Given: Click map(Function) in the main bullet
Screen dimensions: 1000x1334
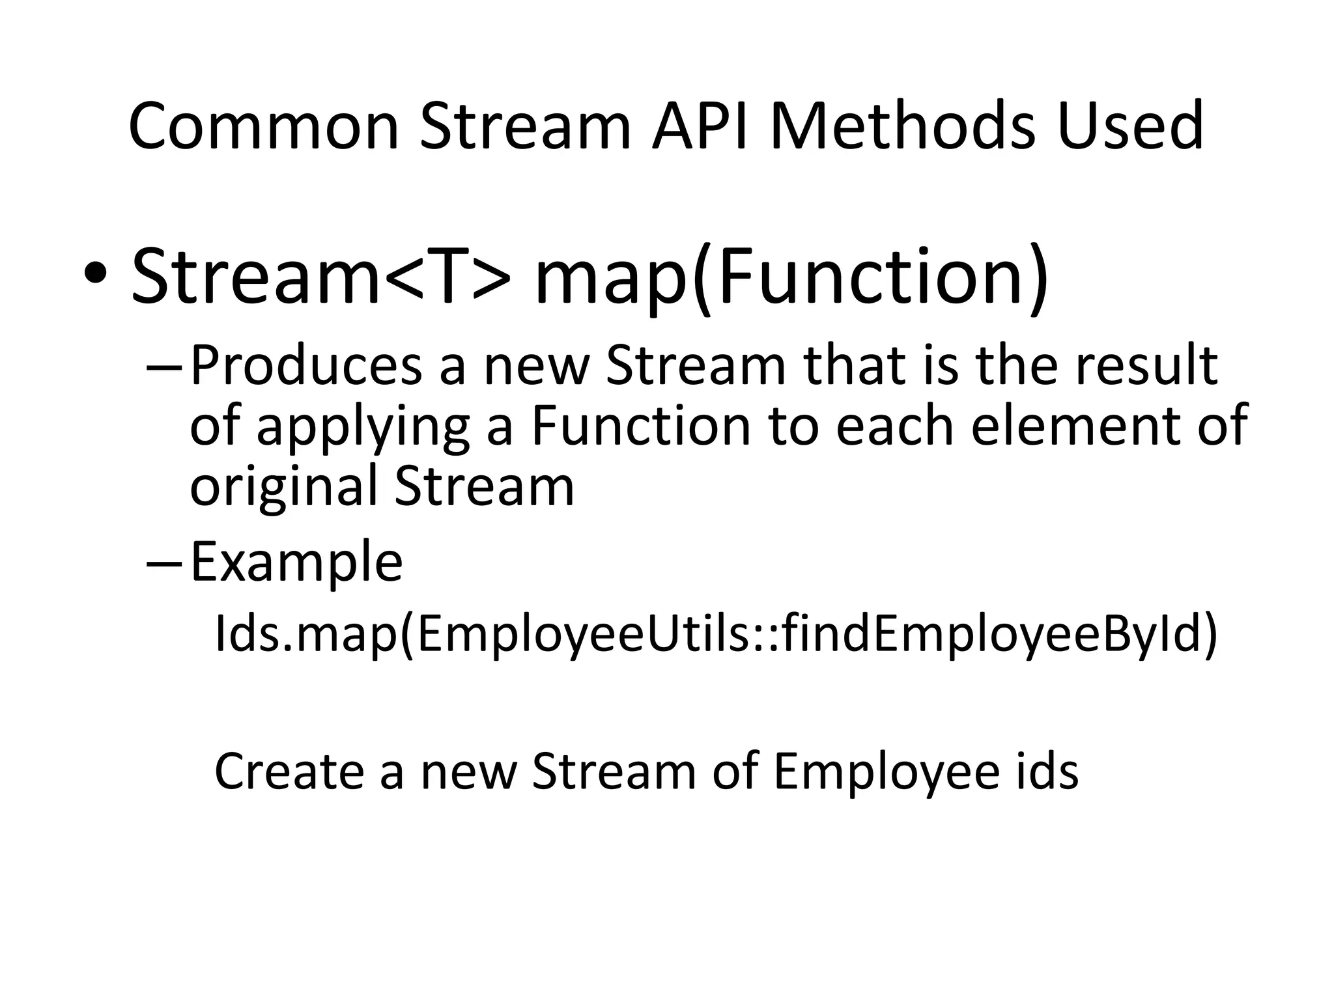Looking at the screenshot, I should (x=791, y=277).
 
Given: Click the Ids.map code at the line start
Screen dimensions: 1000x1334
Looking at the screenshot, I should (x=305, y=635).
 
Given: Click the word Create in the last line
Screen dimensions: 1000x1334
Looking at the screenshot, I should (x=289, y=772).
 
